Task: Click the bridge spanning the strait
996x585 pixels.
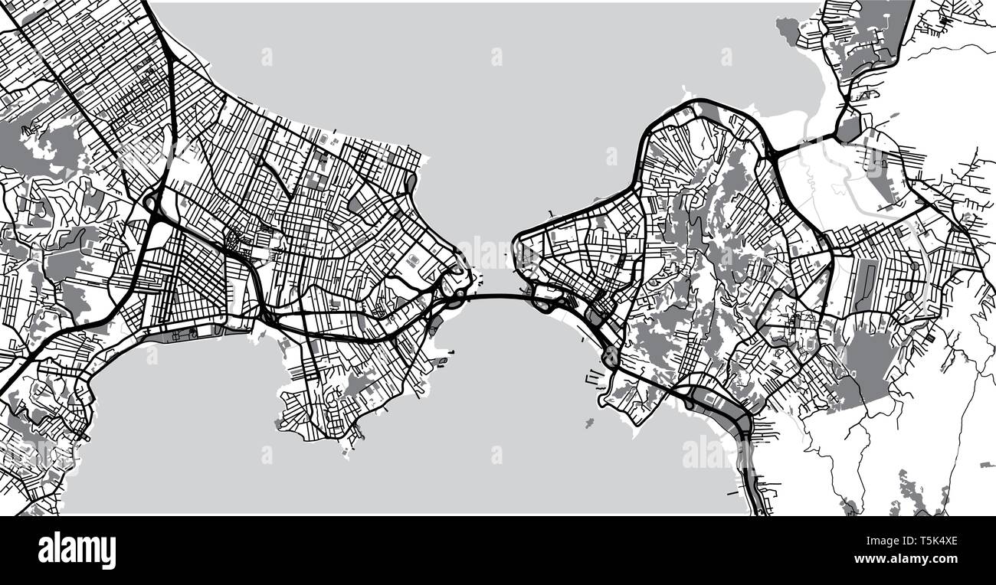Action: [x=494, y=297]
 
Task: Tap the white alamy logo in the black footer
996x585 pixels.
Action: [x=77, y=550]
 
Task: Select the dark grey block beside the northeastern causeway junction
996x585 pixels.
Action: [x=848, y=127]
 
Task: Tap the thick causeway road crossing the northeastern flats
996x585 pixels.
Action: [x=804, y=143]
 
